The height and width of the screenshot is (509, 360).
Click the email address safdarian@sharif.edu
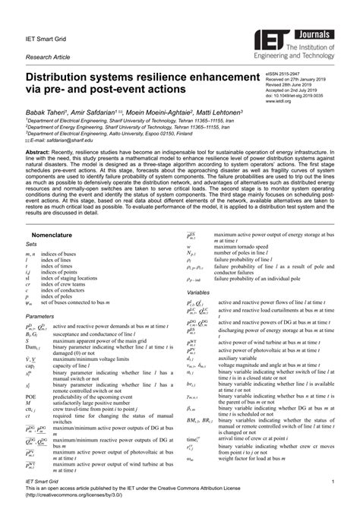68,141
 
